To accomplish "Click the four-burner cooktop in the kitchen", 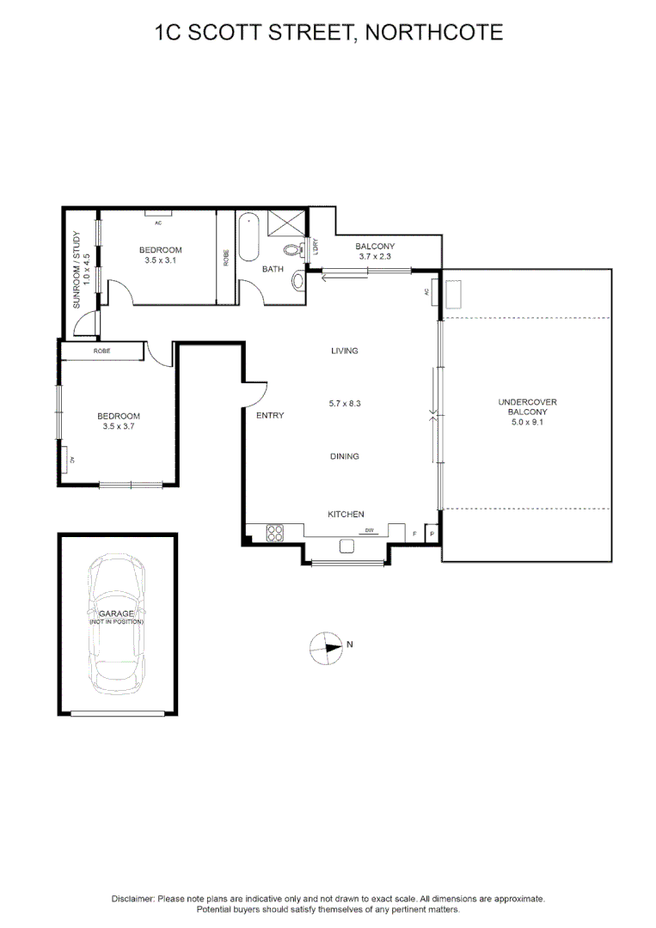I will tap(275, 533).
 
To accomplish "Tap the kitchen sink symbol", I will tap(348, 546).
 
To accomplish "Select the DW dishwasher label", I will tap(371, 530).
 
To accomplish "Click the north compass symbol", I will tap(326, 647).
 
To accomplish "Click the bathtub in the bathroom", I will tap(249, 236).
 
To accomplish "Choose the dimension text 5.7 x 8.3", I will tap(344, 403).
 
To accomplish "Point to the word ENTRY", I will tap(270, 416).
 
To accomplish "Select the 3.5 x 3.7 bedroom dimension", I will tap(119, 426).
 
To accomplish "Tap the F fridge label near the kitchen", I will tap(414, 534).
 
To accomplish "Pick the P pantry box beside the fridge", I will tap(432, 534).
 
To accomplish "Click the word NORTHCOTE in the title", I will tap(433, 33).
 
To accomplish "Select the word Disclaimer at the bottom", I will tap(132, 898).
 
